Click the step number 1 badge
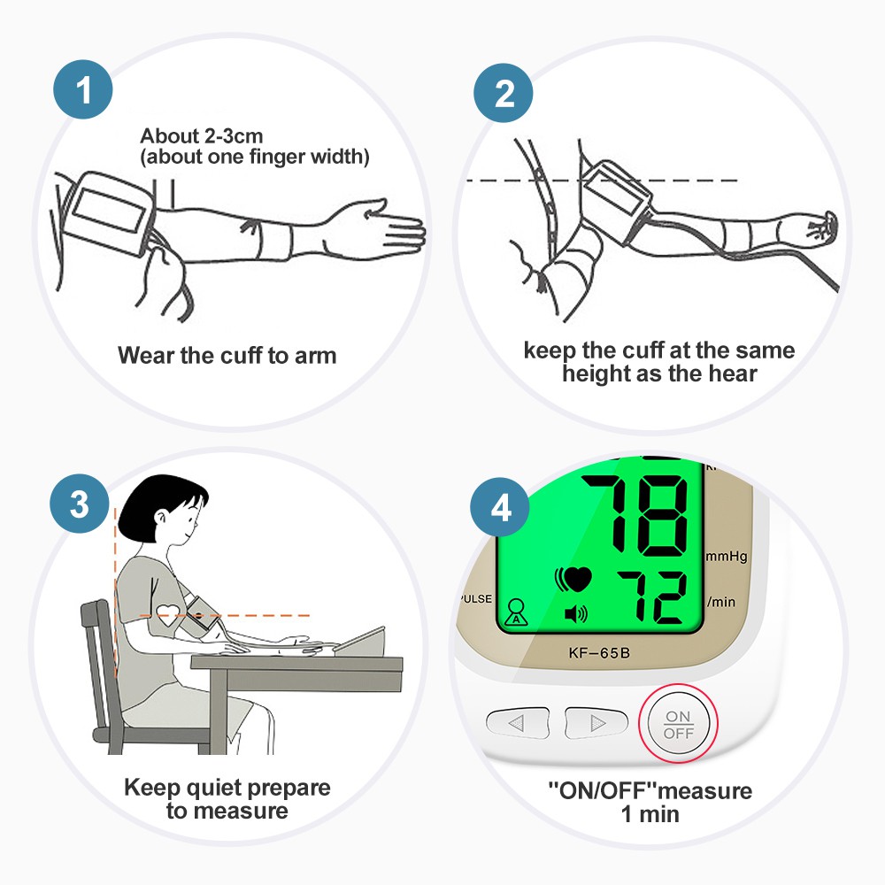tap(83, 90)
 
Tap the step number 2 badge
tap(504, 92)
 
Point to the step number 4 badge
tap(501, 508)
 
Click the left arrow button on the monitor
tap(517, 722)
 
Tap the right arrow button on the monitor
tap(596, 722)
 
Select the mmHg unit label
tap(727, 557)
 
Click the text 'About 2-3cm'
tap(202, 136)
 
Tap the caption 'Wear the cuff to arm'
tap(227, 356)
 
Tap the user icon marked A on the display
tap(514, 614)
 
